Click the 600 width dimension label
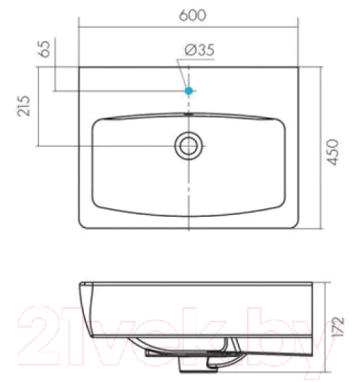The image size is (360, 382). pos(193,15)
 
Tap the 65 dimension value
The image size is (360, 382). pos(45,49)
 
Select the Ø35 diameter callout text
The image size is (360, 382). pos(200,50)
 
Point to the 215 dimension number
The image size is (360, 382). pos(24,106)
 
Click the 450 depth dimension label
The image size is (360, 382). pos(332,152)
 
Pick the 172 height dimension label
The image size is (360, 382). pos(339,328)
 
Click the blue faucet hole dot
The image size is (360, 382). pos(189,91)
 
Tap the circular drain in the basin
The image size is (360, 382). pos(188,145)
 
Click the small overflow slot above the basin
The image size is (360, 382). pos(189,114)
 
